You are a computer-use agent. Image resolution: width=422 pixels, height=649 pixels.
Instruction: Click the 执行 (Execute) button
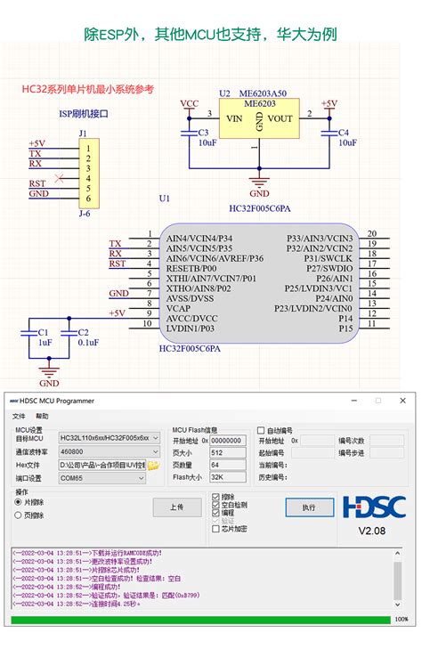tap(309, 507)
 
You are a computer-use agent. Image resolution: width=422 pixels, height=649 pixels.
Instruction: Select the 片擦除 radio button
tap(19, 502)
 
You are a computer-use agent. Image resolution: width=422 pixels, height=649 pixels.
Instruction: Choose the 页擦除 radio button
tap(19, 515)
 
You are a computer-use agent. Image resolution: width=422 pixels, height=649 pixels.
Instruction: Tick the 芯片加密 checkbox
tap(215, 529)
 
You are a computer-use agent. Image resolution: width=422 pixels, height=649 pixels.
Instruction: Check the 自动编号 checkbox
tap(261, 430)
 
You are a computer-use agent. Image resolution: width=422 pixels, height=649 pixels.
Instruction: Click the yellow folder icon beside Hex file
tap(153, 465)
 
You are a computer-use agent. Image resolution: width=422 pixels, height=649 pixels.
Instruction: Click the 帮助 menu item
tap(42, 416)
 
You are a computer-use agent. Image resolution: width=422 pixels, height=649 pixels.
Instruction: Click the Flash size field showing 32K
tap(227, 477)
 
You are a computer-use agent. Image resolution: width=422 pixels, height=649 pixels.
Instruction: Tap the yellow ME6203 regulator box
tap(259, 118)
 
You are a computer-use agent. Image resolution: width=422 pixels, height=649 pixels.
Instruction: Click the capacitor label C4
tap(344, 132)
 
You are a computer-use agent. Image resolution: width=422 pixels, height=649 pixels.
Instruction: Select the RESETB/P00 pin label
tap(191, 268)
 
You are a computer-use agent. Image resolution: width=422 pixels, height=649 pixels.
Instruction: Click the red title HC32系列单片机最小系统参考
tap(87, 89)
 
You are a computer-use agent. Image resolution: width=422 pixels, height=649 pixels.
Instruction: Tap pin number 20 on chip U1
tap(371, 233)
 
